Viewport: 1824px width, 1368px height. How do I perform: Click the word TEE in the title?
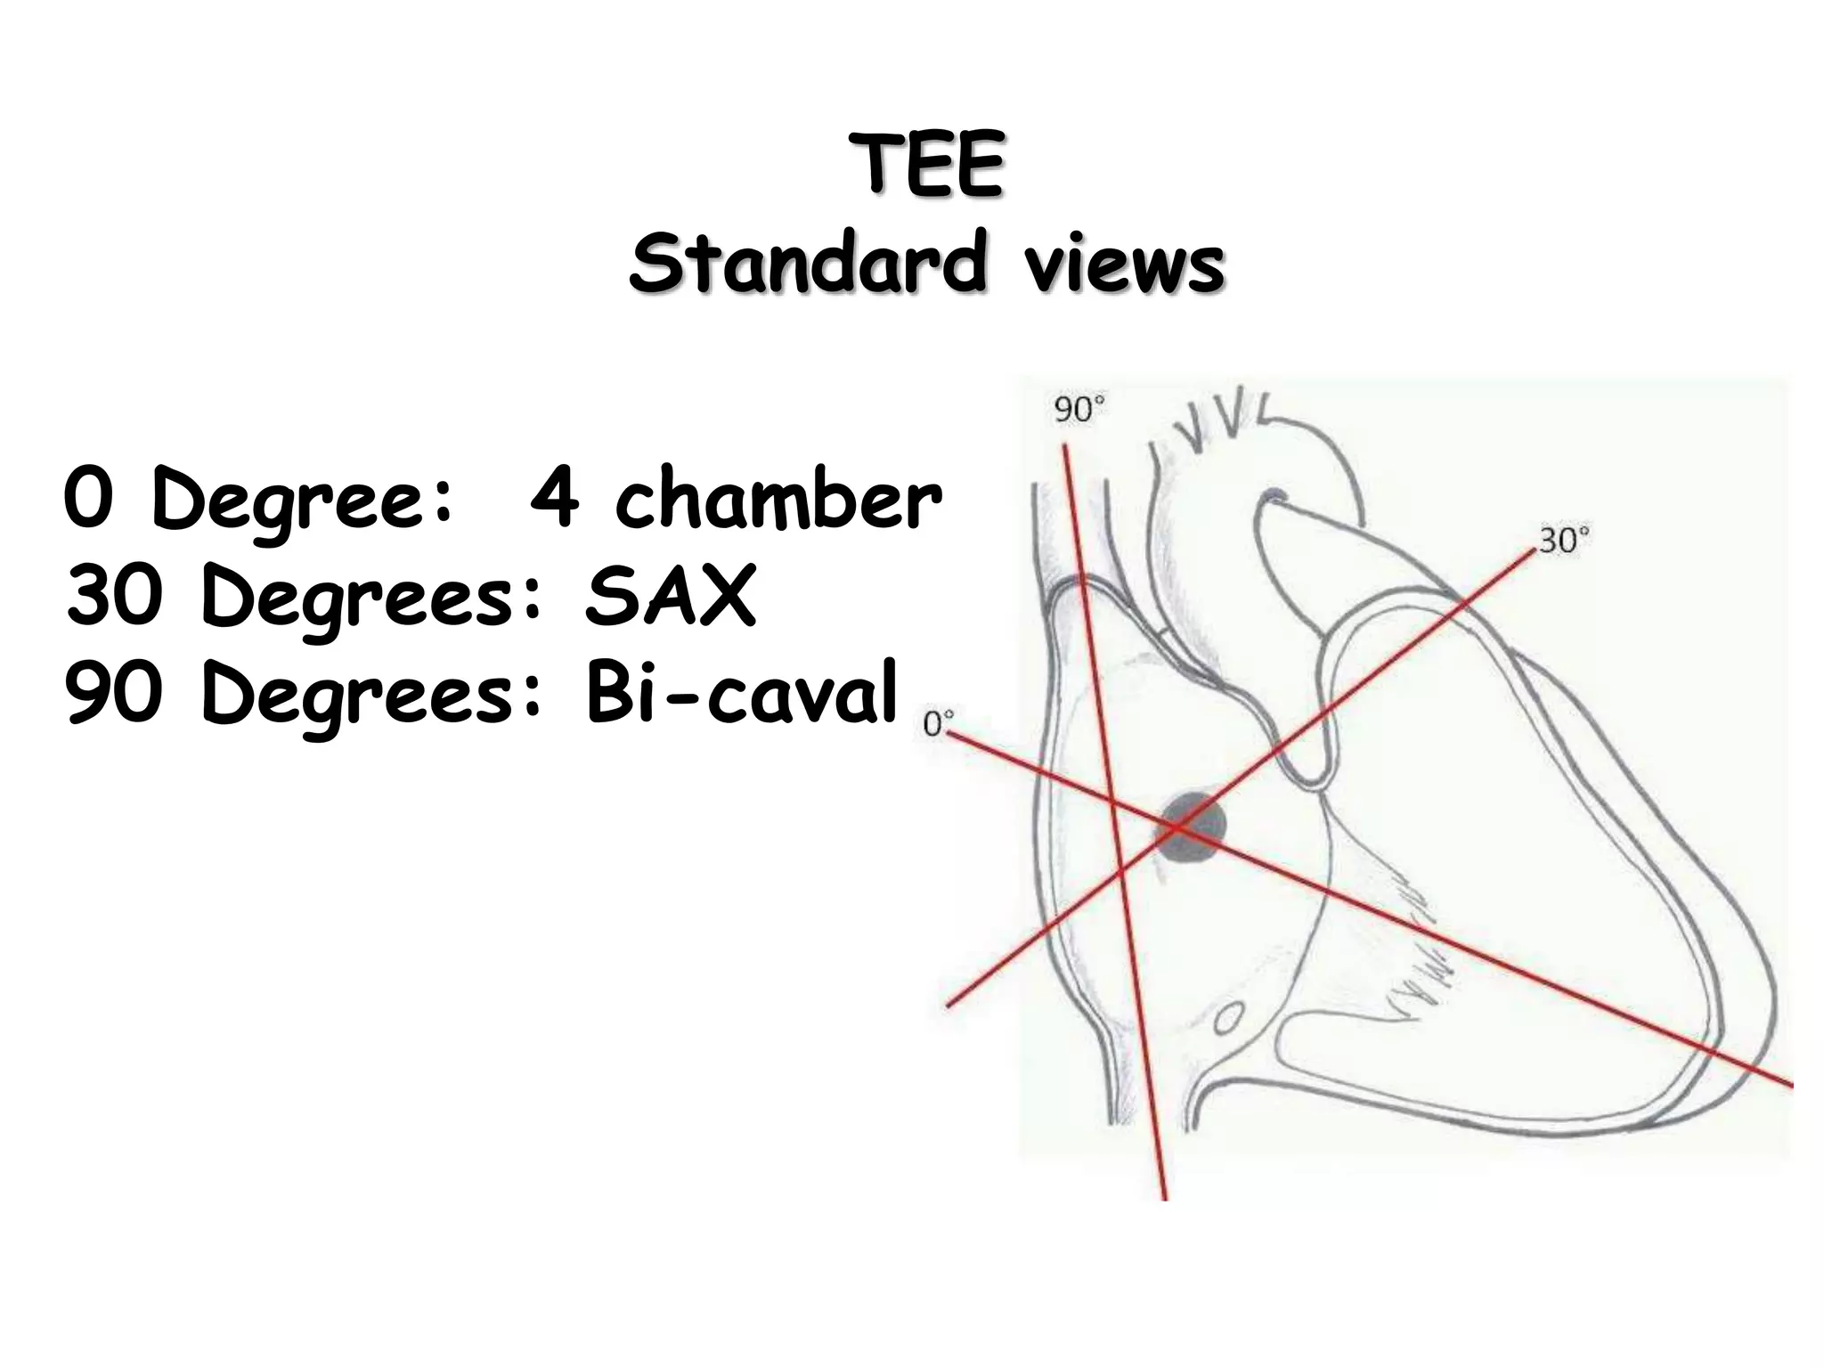(926, 166)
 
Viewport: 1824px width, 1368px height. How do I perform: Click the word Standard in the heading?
(808, 262)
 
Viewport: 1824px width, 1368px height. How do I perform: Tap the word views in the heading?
(1124, 264)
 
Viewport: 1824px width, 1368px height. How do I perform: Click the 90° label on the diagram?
(1079, 411)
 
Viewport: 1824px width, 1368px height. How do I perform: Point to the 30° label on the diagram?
(1565, 541)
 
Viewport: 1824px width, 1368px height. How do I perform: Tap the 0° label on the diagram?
(937, 724)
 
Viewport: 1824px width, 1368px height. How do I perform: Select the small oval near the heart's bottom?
(1229, 1016)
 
